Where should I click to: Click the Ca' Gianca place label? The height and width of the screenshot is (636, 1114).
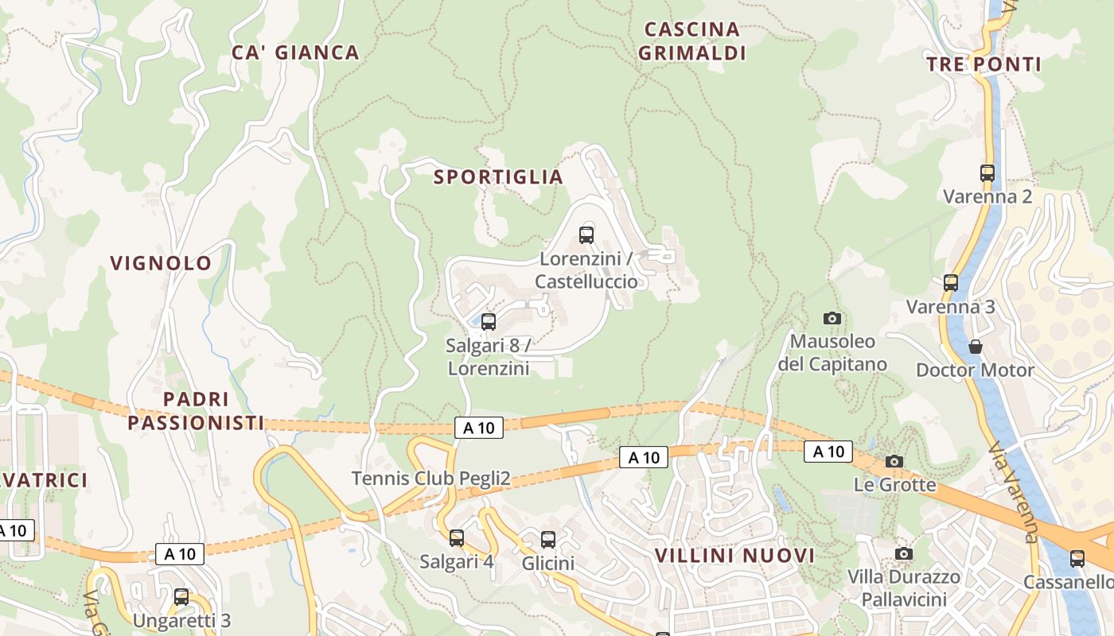(295, 52)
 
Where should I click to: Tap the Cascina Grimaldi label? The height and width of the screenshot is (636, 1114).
(694, 41)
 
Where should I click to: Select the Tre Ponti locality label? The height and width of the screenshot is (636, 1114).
(984, 64)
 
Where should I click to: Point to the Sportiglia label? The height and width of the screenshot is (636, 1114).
(498, 177)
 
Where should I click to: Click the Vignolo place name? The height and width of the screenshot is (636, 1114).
(162, 263)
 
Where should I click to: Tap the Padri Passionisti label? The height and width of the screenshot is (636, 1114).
(196, 411)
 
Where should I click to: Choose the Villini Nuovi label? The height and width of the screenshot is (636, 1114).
(734, 556)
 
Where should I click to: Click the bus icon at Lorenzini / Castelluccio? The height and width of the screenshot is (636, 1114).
(586, 235)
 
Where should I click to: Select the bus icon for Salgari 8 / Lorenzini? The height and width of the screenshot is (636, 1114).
(489, 321)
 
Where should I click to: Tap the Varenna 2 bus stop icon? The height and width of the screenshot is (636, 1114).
(987, 173)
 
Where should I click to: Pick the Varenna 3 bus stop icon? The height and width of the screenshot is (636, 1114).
(951, 282)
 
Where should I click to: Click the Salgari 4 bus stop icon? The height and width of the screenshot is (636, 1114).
(457, 538)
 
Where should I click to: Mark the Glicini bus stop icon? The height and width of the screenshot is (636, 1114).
(548, 540)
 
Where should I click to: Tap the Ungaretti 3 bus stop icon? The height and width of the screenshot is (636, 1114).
(181, 597)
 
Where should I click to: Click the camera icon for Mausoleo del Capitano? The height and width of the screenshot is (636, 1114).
(832, 318)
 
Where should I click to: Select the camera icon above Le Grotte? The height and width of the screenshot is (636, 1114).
(894, 461)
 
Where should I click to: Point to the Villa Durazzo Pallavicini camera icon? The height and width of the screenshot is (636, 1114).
(904, 553)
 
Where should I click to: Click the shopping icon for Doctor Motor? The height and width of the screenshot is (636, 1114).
(976, 347)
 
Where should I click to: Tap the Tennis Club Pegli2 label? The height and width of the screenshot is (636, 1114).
(430, 479)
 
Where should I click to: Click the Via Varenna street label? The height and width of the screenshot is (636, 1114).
(1015, 493)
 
